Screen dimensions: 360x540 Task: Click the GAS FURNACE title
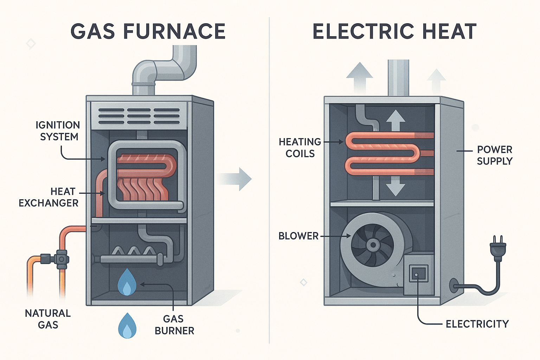click(x=148, y=31)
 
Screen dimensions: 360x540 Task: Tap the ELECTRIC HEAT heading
click(x=394, y=31)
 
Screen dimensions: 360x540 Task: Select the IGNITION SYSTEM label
click(x=58, y=131)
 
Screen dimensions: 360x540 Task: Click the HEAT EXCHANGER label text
click(x=49, y=197)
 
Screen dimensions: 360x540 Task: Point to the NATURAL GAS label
click(x=48, y=319)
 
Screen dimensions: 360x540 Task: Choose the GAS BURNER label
click(x=174, y=325)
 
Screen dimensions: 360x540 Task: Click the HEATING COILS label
click(x=300, y=148)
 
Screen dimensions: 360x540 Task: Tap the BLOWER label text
click(x=298, y=236)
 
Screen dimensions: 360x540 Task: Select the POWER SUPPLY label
click(x=495, y=155)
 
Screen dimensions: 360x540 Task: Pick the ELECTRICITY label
click(x=477, y=324)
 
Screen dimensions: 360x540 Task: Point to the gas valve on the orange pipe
click(x=60, y=259)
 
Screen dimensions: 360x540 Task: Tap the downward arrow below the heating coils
click(x=396, y=186)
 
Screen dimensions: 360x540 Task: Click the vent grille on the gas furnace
click(x=139, y=116)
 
